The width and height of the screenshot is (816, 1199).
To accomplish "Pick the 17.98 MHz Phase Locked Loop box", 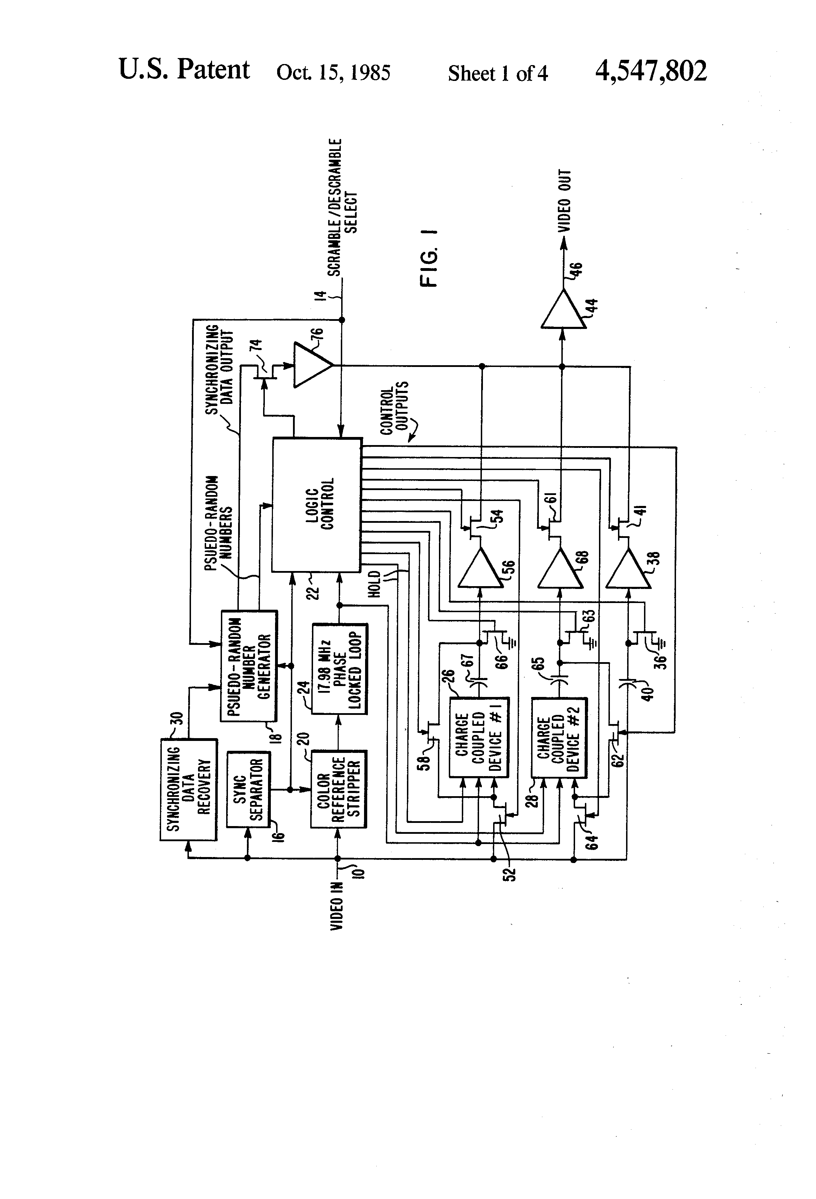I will pyautogui.click(x=339, y=669).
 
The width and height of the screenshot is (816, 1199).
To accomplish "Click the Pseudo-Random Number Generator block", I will pyautogui.click(x=249, y=666).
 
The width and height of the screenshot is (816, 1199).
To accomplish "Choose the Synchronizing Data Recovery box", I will pyautogui.click(x=188, y=789).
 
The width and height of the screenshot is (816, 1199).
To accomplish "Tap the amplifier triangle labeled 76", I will pyautogui.click(x=310, y=365).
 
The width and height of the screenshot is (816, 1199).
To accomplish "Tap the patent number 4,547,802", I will pyautogui.click(x=651, y=71).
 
